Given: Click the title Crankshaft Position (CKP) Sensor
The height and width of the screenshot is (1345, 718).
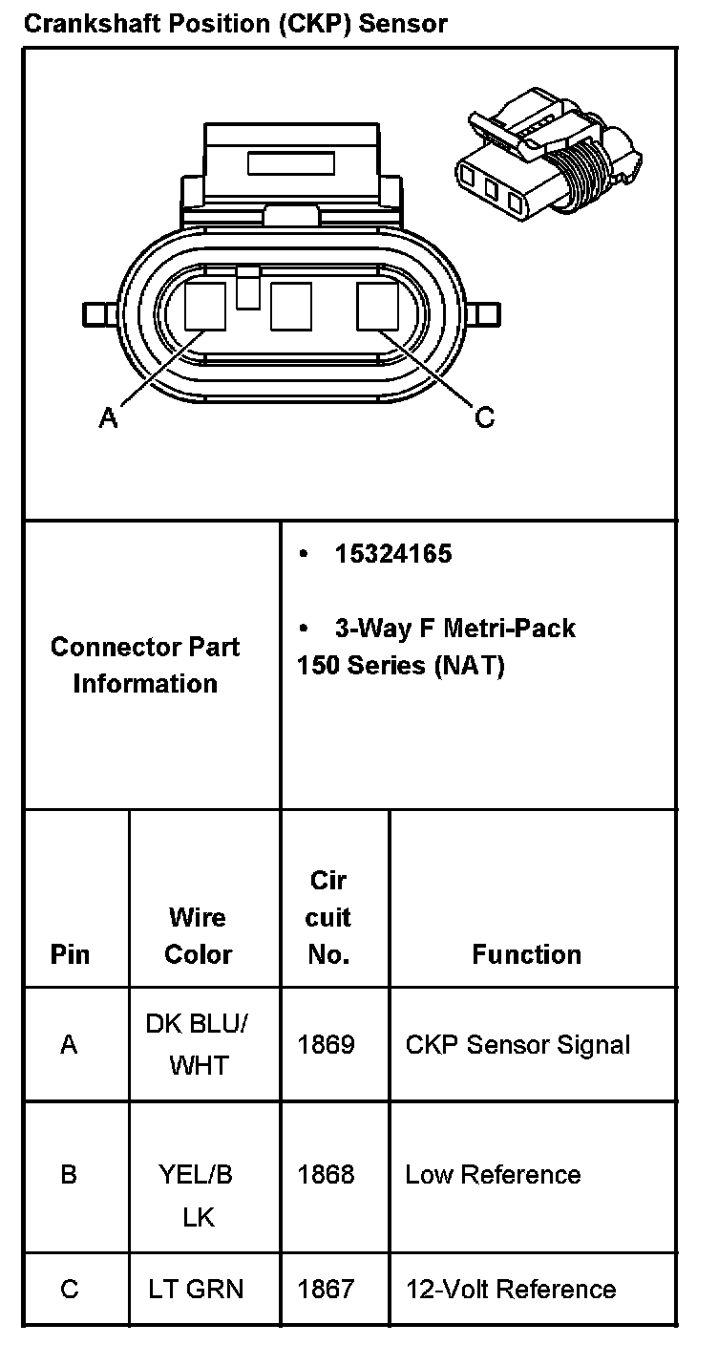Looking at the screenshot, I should tap(235, 23).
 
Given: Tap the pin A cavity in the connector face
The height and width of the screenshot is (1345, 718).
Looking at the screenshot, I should tap(205, 307).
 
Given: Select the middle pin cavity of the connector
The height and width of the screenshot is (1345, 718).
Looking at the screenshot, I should tap(291, 307).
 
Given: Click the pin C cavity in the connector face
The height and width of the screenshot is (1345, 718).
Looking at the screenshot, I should tap(377, 307).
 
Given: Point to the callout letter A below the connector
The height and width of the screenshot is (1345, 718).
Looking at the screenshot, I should tap(108, 417).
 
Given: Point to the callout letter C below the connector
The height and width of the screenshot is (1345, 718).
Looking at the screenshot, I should tap(485, 417).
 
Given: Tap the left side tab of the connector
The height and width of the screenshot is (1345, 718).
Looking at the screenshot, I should tap(95, 312).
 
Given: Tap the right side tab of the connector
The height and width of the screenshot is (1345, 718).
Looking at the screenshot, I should tap(488, 312).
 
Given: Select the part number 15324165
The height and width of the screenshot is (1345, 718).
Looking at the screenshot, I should tap(392, 554).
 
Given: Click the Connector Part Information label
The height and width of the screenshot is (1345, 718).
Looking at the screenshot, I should tap(145, 665).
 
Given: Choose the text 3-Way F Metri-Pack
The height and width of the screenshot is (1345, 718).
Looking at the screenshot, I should tap(454, 629).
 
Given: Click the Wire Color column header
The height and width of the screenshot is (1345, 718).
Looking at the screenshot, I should tap(198, 936).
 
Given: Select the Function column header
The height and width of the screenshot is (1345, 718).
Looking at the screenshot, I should tap(526, 954).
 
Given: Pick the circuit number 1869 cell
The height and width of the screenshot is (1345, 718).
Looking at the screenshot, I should tap(326, 1044).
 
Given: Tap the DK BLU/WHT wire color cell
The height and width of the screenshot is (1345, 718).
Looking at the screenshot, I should tap(198, 1044).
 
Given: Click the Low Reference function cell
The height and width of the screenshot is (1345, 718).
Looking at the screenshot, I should tap(493, 1174).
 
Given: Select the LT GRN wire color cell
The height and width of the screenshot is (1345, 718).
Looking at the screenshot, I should tap(196, 1289).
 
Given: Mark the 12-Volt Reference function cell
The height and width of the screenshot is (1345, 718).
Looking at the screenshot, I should tap(510, 1289).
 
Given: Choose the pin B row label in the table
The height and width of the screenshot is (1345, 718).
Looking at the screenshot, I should tap(69, 1174).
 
